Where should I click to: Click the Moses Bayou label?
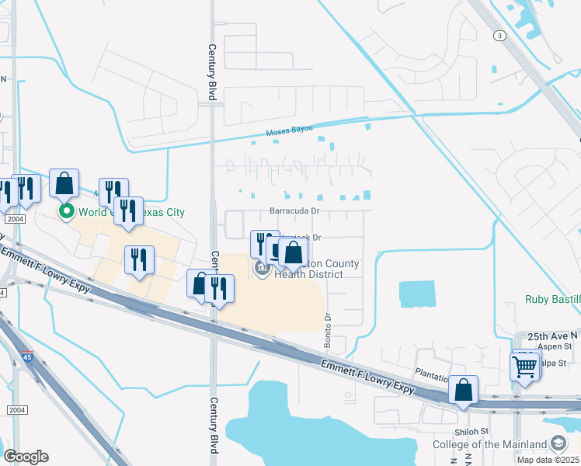(289, 133)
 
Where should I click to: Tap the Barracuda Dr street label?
(294, 210)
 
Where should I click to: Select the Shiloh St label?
(471, 431)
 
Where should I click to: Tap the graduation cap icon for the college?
(558, 443)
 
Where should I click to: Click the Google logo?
(26, 457)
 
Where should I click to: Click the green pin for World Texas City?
(67, 210)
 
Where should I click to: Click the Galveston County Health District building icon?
(262, 269)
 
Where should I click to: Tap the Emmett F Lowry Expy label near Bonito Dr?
(364, 374)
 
